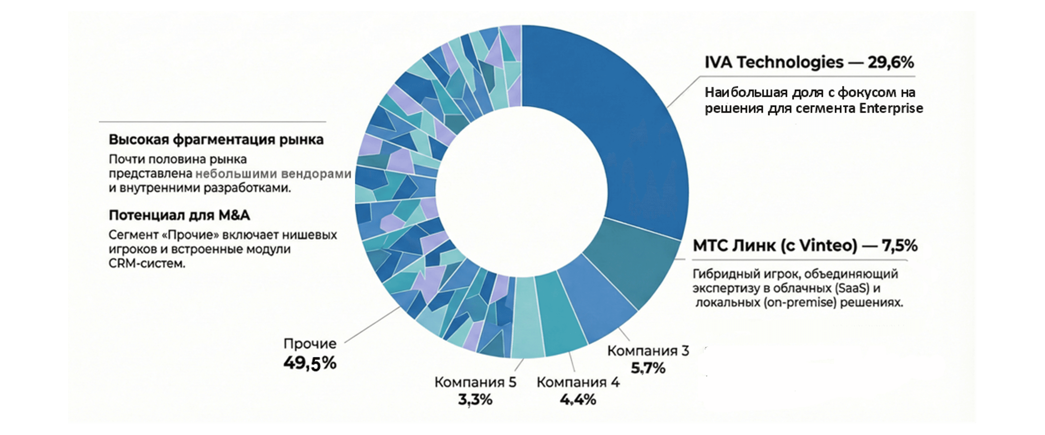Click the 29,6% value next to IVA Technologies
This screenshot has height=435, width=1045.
coord(891,62)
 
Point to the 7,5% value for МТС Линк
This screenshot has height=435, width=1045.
coord(900,246)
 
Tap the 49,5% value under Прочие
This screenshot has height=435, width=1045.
coord(310,363)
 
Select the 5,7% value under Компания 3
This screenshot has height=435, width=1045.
coord(648,368)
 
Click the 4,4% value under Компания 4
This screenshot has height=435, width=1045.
coord(578,400)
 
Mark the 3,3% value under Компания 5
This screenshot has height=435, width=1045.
coord(475,400)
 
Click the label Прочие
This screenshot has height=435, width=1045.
coord(310,344)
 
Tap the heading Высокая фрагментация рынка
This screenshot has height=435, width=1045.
coord(216,140)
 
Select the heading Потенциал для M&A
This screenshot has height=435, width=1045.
coord(179,215)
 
